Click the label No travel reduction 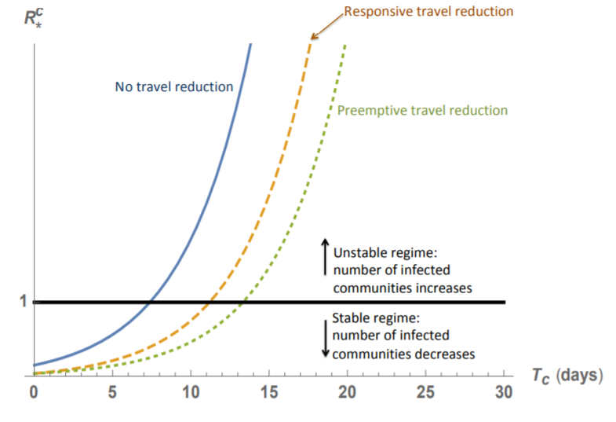[174, 86]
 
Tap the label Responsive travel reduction [428, 12]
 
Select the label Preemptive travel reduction [422, 110]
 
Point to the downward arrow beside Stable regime [325, 336]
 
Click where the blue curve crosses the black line [150, 302]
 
